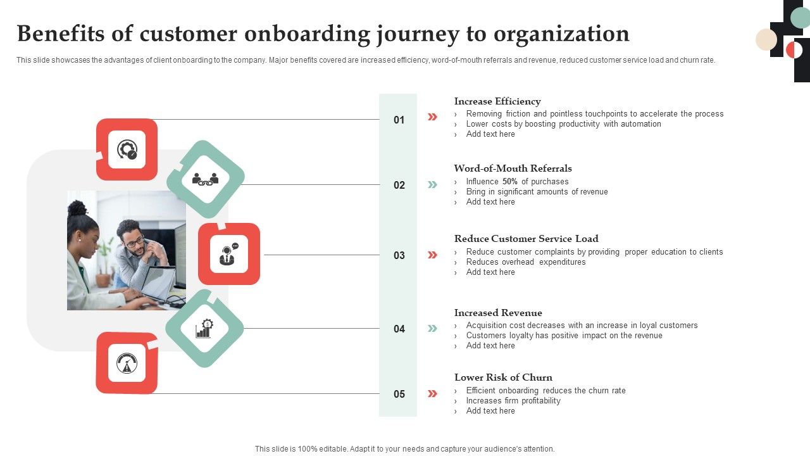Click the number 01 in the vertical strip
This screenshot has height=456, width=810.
point(399,120)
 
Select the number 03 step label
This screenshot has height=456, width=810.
point(399,255)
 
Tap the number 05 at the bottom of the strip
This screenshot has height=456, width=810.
point(399,394)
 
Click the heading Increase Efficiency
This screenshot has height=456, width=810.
point(497,101)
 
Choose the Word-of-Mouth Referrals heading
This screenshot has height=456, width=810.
point(513,168)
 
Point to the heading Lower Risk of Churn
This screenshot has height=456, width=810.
point(503,377)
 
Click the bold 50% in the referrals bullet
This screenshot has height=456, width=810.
point(510,181)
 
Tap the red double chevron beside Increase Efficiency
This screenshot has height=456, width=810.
point(432,117)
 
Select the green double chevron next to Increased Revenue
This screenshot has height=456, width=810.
point(432,328)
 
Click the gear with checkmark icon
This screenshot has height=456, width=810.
point(127,149)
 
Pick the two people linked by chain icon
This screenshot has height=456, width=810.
point(205,179)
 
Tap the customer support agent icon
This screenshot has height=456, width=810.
point(228,254)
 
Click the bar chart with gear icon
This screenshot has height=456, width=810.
point(204,329)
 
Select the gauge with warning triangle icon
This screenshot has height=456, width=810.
point(127,363)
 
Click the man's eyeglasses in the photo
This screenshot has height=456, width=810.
point(135,242)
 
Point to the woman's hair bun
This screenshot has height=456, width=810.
point(77,208)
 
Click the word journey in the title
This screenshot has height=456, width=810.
point(418,34)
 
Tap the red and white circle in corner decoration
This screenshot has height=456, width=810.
point(794,50)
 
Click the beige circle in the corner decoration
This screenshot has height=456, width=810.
point(766,39)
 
